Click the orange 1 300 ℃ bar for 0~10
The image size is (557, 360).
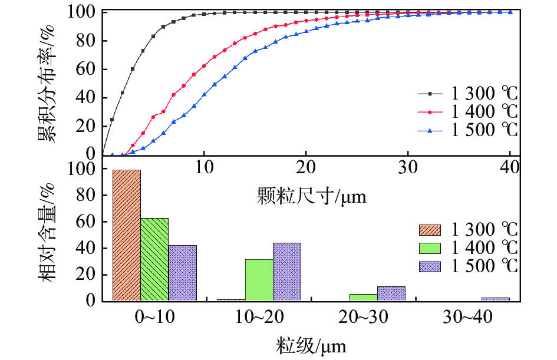click(126, 236)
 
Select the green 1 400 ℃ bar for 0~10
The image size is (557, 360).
click(154, 259)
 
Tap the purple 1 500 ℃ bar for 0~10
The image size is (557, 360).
click(183, 273)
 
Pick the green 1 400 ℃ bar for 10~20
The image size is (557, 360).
click(259, 280)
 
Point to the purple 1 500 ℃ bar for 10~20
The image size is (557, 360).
click(287, 272)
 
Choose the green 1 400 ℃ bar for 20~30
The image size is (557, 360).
click(363, 298)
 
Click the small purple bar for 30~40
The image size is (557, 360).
click(495, 299)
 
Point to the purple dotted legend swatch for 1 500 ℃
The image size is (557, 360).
click(433, 266)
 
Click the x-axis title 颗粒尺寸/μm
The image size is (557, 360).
click(312, 196)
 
